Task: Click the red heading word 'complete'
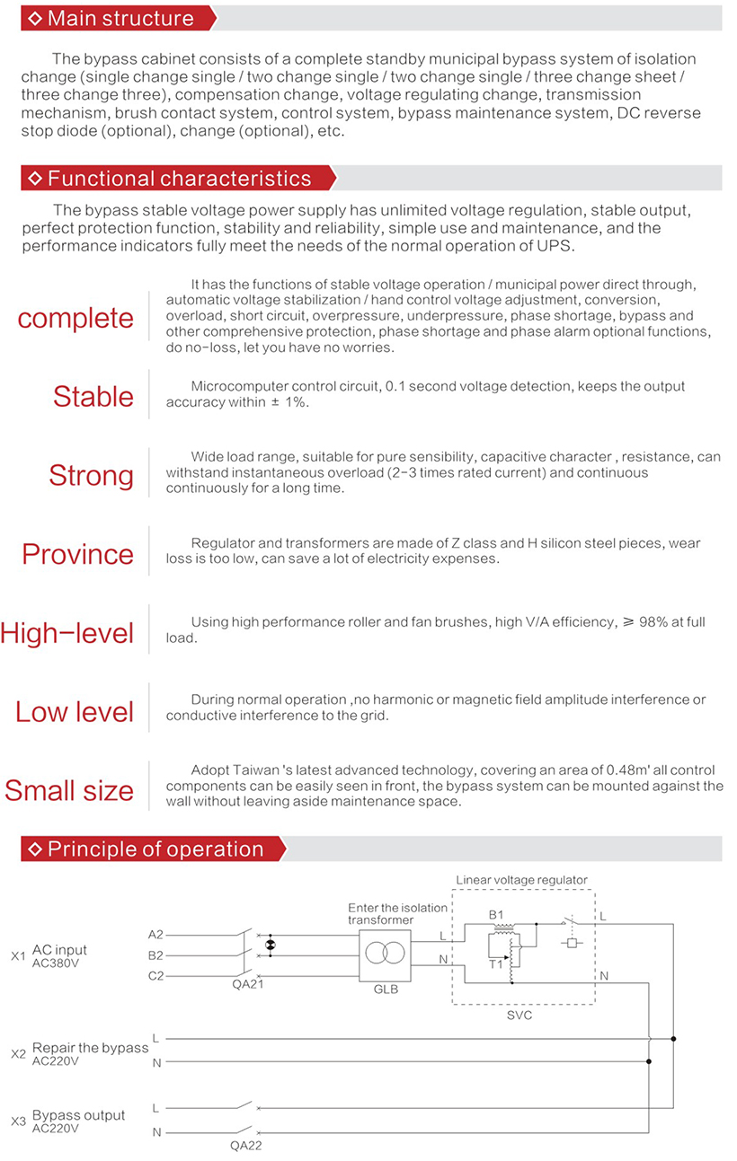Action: (x=75, y=318)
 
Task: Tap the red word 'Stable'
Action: (x=93, y=396)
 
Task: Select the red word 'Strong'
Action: (x=91, y=475)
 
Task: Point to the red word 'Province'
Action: (x=77, y=553)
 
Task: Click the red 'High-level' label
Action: (x=67, y=633)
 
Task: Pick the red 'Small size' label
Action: (x=69, y=790)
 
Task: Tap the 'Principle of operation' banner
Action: (x=154, y=849)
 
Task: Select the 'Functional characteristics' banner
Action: (x=179, y=178)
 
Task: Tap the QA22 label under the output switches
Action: (x=245, y=1145)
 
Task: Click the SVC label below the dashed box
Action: (x=519, y=1015)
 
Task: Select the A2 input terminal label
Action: (x=155, y=935)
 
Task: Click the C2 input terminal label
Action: (x=155, y=975)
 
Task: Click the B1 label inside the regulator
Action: (x=495, y=915)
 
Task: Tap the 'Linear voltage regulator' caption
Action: (x=521, y=880)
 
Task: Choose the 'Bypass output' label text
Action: (x=79, y=1115)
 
